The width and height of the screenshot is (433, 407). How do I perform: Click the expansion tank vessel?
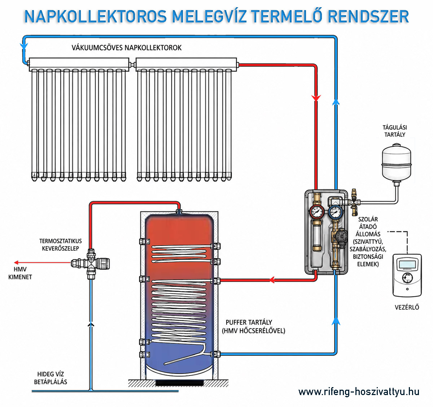pyautogui.click(x=397, y=161)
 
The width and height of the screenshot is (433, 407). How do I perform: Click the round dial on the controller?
pyautogui.click(x=408, y=278)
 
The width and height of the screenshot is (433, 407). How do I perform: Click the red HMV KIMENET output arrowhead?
pyautogui.click(x=16, y=263)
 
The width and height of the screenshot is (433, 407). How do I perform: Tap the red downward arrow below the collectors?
pyautogui.click(x=316, y=98)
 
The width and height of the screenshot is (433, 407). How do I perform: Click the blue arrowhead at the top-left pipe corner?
pyautogui.click(x=24, y=46)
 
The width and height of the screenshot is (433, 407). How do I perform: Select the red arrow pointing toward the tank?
pyautogui.click(x=272, y=279)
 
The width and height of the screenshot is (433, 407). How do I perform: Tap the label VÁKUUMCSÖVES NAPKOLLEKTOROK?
pyautogui.click(x=126, y=48)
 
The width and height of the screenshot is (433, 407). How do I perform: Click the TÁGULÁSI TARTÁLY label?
pyautogui.click(x=395, y=131)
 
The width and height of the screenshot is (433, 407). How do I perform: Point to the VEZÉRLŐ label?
pyautogui.click(x=407, y=307)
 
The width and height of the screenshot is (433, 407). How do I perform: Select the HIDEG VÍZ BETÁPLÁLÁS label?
pyautogui.click(x=51, y=378)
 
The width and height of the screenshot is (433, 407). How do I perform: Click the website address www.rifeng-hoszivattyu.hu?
pyautogui.click(x=359, y=392)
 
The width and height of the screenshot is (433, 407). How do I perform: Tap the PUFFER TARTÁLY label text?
pyautogui.click(x=249, y=322)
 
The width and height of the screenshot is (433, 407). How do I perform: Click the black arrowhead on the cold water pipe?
pyautogui.click(x=91, y=325)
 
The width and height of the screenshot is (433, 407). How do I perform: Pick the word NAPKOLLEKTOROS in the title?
pyautogui.click(x=96, y=16)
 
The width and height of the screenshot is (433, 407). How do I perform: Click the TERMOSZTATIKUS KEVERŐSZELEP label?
pyautogui.click(x=61, y=245)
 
